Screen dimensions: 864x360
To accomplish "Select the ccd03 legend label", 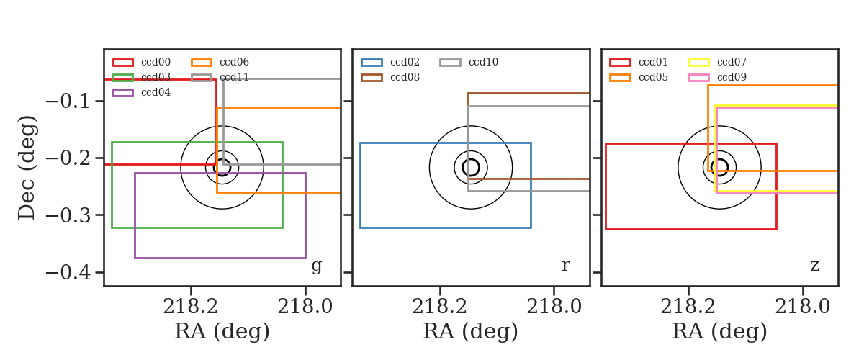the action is point(156,77).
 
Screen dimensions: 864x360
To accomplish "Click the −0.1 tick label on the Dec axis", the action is point(68,102).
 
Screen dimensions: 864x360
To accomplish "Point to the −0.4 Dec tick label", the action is point(68,273).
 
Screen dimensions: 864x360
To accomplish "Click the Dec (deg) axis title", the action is point(27,168).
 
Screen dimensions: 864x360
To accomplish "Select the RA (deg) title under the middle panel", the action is point(471,331).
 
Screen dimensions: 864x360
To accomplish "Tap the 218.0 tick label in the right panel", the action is point(802,307).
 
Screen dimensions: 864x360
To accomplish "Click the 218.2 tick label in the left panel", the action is point(191,307).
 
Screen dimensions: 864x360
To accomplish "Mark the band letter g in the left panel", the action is point(317,266).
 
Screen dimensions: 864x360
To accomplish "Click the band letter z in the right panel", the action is point(814,266).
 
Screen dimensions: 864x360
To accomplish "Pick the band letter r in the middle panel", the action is point(565,266).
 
